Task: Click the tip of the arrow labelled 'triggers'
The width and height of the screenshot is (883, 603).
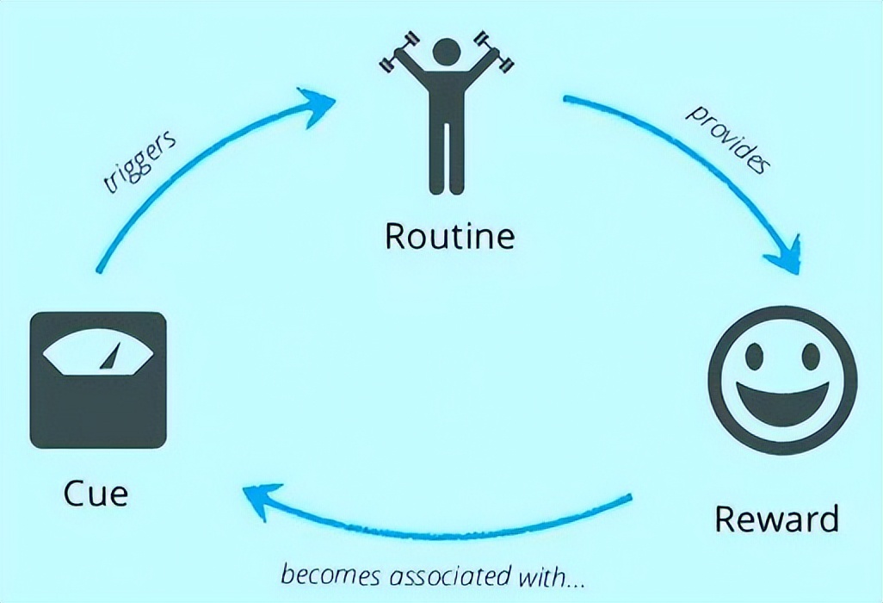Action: tap(336, 101)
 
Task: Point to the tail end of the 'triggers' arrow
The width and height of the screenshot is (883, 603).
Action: tap(99, 270)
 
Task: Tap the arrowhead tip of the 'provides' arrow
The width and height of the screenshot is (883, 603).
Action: tap(798, 274)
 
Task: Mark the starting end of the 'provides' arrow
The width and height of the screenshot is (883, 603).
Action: tap(565, 98)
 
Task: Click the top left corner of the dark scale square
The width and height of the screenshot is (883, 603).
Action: tap(30, 314)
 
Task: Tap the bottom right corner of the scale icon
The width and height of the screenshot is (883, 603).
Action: tap(166, 448)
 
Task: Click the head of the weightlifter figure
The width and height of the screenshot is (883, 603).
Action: tap(447, 53)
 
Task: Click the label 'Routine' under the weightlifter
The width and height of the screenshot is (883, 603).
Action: tap(449, 236)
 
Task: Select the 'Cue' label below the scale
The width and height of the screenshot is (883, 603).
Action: tap(96, 493)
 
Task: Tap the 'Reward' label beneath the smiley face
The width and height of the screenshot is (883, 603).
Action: tap(776, 519)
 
